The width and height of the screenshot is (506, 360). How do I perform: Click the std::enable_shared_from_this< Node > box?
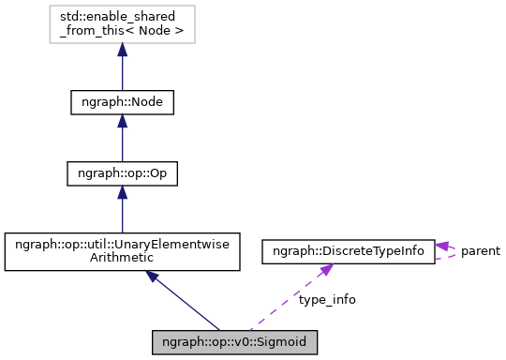point(122,28)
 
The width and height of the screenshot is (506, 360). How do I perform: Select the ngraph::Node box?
point(122,101)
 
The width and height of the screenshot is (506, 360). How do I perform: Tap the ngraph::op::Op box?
point(122,173)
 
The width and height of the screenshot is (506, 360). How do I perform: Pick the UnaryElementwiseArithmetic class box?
point(122,252)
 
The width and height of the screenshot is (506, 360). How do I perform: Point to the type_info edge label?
point(327,300)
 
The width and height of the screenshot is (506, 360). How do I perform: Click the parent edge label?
point(480,251)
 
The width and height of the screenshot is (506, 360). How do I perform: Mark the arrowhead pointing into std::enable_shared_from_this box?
point(122,53)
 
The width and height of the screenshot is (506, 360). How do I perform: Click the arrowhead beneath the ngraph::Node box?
point(122,125)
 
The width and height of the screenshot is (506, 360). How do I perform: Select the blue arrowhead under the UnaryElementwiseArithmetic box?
point(153,278)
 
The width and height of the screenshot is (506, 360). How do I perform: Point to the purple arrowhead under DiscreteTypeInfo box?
point(324,271)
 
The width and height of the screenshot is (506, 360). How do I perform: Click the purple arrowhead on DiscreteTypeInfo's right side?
point(442,246)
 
